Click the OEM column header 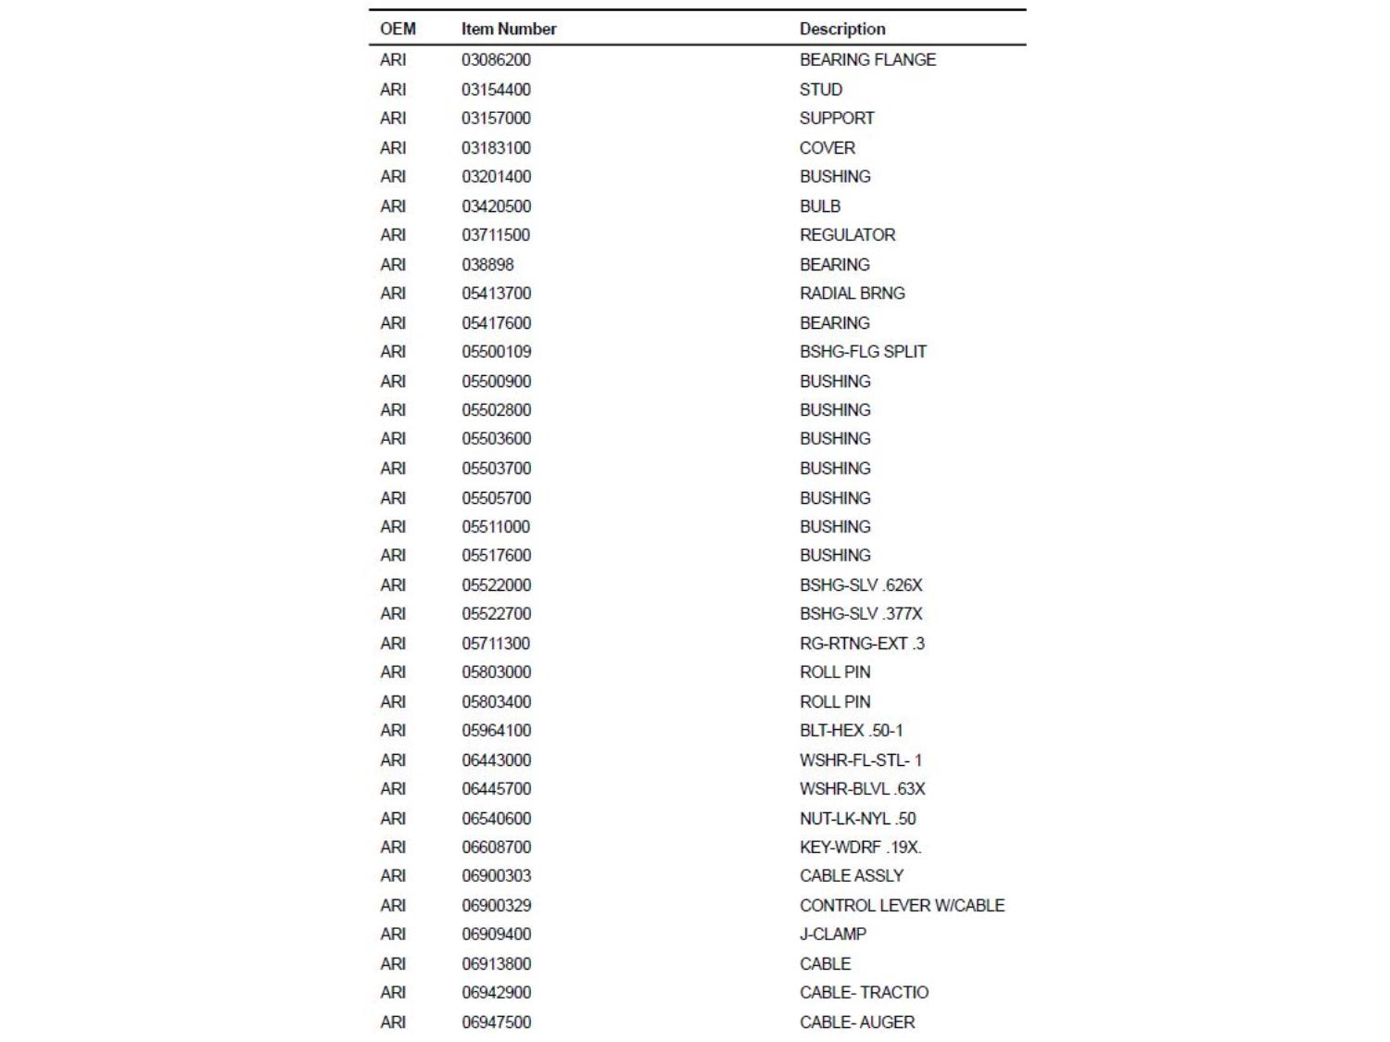pyautogui.click(x=398, y=29)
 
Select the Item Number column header pyautogui.click(x=509, y=29)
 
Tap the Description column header pyautogui.click(x=842, y=29)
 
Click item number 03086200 pyautogui.click(x=496, y=60)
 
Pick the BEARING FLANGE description pyautogui.click(x=867, y=60)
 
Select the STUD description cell pyautogui.click(x=821, y=90)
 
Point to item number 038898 pyautogui.click(x=487, y=265)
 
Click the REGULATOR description pyautogui.click(x=847, y=235)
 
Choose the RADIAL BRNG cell pyautogui.click(x=852, y=294)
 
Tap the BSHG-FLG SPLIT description pyautogui.click(x=863, y=352)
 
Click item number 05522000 pyautogui.click(x=496, y=585)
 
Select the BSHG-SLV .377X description pyautogui.click(x=861, y=614)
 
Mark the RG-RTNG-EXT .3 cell pyautogui.click(x=862, y=644)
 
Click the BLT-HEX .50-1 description pyautogui.click(x=851, y=731)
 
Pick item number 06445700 pyautogui.click(x=496, y=789)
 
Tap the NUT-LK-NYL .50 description pyautogui.click(x=857, y=819)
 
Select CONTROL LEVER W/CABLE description pyautogui.click(x=902, y=906)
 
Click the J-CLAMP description pyautogui.click(x=833, y=935)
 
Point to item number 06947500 pyautogui.click(x=496, y=1023)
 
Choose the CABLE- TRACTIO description pyautogui.click(x=864, y=993)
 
